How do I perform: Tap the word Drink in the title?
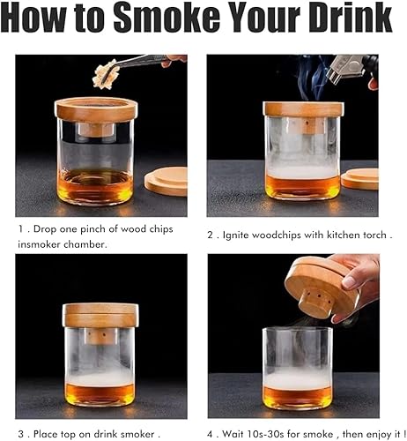pyautogui.click(x=350, y=18)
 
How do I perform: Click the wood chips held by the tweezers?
pyautogui.click(x=106, y=74)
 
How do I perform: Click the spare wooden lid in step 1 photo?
pyautogui.click(x=166, y=181)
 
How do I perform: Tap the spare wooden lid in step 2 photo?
pyautogui.click(x=359, y=179)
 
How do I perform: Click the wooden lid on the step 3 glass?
pyautogui.click(x=100, y=316)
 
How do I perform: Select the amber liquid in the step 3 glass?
pyautogui.click(x=100, y=395)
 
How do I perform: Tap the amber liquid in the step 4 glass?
pyautogui.click(x=298, y=398)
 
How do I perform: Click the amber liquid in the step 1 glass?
pyautogui.click(x=95, y=186)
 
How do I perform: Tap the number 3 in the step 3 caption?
pyautogui.click(x=21, y=434)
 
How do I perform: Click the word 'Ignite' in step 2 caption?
pyautogui.click(x=236, y=235)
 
